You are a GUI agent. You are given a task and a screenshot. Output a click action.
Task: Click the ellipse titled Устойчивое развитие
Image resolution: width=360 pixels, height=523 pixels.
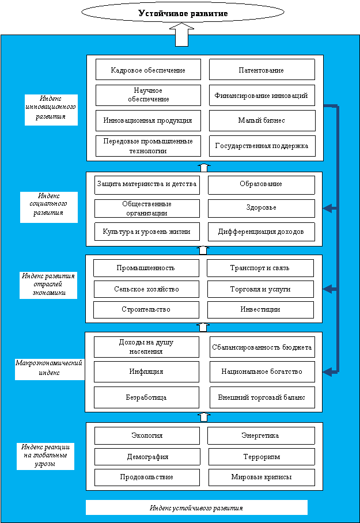[x=183, y=13]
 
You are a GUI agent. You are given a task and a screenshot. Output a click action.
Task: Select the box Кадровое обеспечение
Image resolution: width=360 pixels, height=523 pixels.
[x=148, y=69]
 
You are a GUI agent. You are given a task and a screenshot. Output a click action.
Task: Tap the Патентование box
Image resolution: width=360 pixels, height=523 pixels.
[x=262, y=69]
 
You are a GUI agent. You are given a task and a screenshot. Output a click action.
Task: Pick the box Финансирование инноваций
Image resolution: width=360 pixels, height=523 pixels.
[x=262, y=95]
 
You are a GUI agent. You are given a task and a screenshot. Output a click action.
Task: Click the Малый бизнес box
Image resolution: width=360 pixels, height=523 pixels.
[x=262, y=120]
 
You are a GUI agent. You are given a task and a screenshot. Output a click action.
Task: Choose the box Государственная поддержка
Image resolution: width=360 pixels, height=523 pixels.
[x=262, y=146]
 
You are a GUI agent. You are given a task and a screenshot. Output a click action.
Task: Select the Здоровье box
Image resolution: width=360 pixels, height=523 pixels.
[x=262, y=208]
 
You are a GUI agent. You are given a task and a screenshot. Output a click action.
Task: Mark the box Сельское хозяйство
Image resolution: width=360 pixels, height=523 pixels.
[x=146, y=289]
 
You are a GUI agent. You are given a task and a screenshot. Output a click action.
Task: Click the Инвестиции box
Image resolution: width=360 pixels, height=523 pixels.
[x=260, y=309]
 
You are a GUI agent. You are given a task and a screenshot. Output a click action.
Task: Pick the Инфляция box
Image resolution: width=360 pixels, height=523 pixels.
[x=146, y=372]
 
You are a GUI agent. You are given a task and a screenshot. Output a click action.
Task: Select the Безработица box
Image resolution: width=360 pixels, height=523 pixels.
[x=146, y=397]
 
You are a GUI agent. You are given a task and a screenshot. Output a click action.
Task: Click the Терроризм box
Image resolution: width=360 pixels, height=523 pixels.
[x=262, y=457]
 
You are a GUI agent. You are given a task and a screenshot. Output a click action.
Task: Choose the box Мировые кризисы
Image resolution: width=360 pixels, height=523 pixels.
[x=262, y=477]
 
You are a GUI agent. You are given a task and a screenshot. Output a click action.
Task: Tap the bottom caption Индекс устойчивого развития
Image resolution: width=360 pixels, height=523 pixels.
[x=196, y=507]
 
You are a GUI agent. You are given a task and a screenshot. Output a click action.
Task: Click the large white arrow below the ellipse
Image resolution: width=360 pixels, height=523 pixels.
[x=183, y=35]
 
